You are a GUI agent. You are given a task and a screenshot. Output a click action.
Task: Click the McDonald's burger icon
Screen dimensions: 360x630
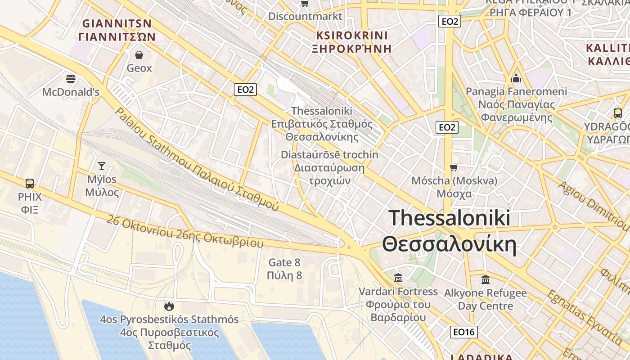click(70, 79)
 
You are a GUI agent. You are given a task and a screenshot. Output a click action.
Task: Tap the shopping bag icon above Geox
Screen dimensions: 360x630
click(139, 55)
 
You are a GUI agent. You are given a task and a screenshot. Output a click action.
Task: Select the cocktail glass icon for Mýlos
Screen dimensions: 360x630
click(102, 166)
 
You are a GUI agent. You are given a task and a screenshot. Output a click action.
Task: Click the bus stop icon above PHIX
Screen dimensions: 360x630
click(30, 183)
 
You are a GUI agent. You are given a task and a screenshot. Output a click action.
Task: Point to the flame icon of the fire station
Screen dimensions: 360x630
click(169, 306)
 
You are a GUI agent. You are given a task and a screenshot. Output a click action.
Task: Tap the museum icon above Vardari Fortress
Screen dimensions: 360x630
click(398, 278)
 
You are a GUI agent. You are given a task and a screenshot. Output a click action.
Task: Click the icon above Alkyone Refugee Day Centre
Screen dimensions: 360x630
click(485, 279)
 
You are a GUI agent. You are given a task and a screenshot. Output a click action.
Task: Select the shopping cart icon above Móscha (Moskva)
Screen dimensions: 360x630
click(454, 167)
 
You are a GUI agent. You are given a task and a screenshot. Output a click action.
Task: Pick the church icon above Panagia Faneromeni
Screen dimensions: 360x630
click(516, 78)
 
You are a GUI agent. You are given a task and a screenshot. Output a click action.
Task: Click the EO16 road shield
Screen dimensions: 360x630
click(463, 332)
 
